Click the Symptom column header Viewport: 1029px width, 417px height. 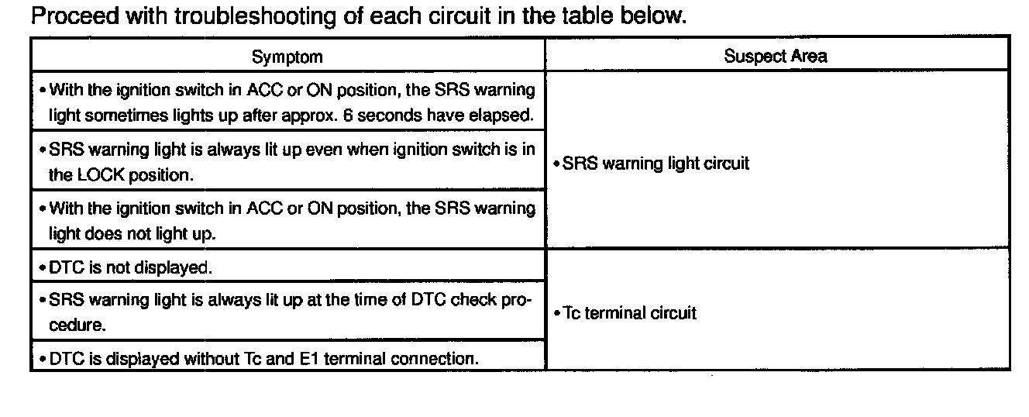287,57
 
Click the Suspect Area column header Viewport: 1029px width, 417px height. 775,56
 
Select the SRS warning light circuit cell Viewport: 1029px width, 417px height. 656,164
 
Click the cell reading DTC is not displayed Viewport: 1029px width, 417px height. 130,268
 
